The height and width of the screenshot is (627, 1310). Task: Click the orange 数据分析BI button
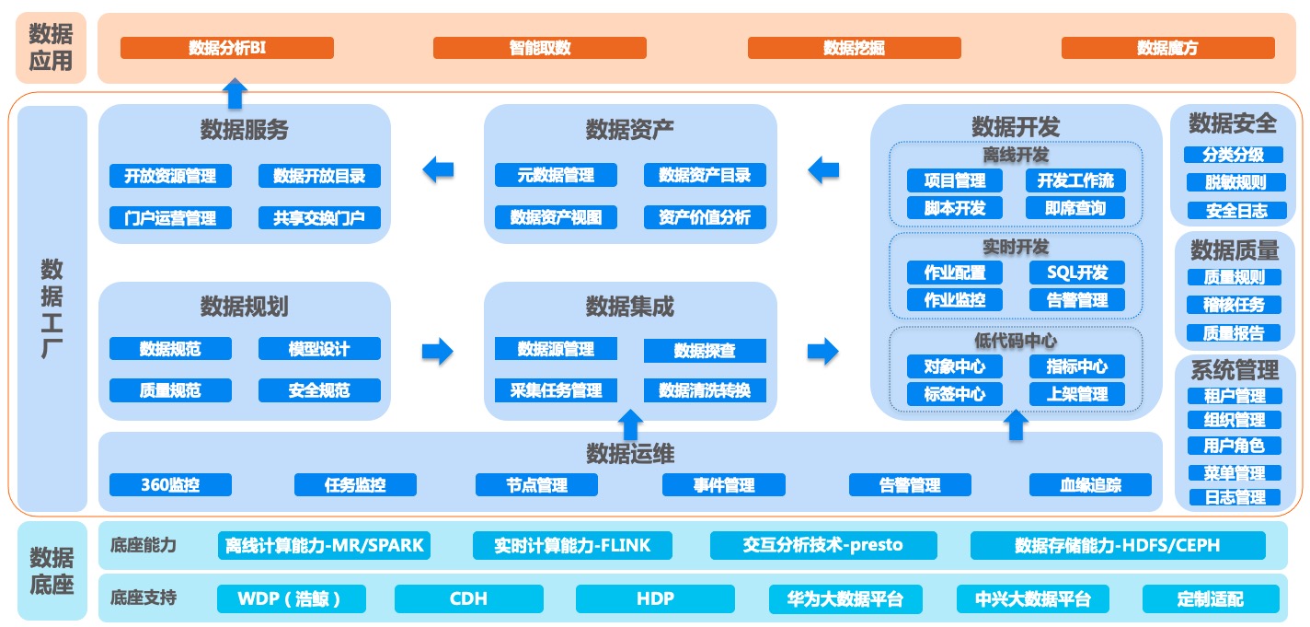click(226, 48)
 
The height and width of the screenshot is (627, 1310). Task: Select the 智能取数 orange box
click(540, 48)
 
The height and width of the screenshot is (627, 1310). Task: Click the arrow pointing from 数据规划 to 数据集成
click(438, 351)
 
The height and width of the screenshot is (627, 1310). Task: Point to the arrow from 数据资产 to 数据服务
click(438, 169)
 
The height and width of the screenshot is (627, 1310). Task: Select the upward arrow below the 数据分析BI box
click(236, 93)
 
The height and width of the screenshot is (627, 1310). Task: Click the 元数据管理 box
click(556, 175)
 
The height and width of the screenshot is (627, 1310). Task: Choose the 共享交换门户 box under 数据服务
click(319, 218)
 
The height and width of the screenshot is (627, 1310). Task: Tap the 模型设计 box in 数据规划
click(319, 349)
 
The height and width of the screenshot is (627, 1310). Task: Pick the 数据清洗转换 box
click(705, 390)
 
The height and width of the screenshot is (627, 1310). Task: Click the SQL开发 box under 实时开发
click(1077, 273)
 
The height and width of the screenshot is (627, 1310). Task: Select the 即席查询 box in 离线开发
click(1075, 208)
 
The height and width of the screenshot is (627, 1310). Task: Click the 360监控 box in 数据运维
click(170, 484)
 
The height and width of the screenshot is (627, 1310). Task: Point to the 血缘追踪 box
click(1090, 484)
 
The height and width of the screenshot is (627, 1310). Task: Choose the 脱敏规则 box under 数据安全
click(1235, 182)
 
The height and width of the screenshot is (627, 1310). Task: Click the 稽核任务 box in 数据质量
click(1235, 305)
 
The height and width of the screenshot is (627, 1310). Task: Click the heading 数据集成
click(629, 306)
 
